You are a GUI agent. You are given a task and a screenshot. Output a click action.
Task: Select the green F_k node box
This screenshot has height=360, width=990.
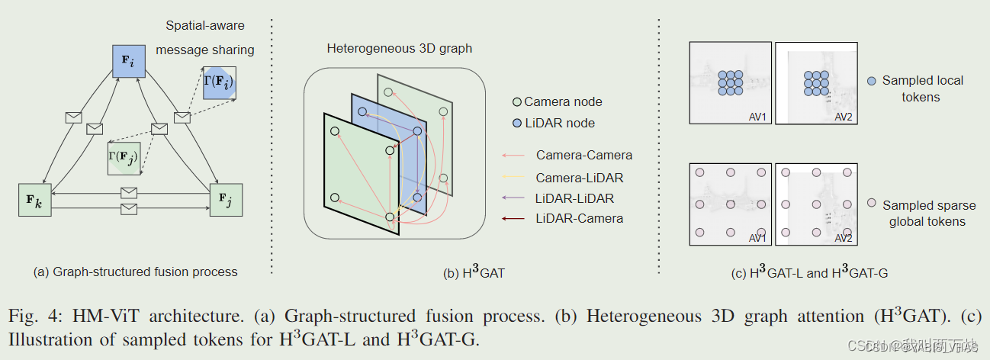click(x=34, y=201)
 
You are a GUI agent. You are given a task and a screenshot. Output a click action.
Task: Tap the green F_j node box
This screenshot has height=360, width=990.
click(x=226, y=200)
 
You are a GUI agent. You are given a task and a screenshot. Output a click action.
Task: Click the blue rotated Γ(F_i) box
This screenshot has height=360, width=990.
click(x=220, y=82)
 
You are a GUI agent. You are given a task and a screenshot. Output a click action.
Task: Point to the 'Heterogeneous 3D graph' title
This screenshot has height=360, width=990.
click(x=399, y=48)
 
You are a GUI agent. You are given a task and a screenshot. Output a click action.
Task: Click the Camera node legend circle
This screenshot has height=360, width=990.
click(x=516, y=101)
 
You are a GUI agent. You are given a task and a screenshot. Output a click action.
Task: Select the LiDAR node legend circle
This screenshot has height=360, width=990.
click(x=516, y=123)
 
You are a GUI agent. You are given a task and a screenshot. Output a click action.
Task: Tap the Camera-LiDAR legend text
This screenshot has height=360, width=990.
click(x=579, y=178)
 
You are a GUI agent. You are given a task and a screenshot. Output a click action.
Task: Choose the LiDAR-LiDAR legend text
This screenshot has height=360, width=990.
click(x=574, y=198)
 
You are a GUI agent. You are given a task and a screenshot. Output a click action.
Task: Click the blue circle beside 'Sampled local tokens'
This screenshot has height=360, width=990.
click(x=870, y=80)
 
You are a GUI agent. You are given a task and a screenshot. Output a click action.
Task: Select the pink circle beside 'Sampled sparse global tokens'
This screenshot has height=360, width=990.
click(x=870, y=205)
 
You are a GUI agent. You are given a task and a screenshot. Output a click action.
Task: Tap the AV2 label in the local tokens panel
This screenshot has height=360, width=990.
click(x=843, y=116)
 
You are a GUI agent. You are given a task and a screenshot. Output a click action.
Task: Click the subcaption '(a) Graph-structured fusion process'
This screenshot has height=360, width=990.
click(x=136, y=272)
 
